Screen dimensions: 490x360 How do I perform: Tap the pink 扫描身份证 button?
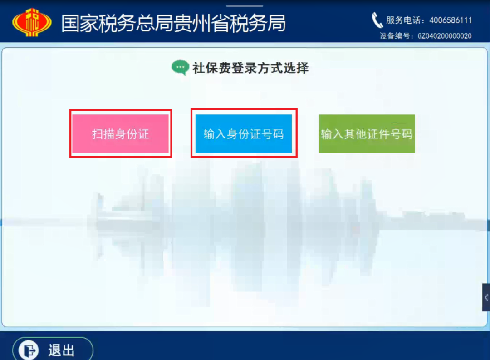click(121, 133)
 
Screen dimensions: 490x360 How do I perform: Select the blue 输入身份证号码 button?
click(244, 133)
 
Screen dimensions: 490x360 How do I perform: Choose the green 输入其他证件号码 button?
click(367, 133)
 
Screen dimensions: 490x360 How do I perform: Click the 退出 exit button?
click(53, 350)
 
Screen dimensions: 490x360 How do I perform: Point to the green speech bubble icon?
click(180, 67)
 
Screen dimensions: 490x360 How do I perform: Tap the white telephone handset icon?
click(377, 20)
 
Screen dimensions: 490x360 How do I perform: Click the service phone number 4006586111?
click(451, 20)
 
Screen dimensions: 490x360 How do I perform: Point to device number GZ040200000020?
click(445, 36)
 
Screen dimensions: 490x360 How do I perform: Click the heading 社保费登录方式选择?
click(250, 68)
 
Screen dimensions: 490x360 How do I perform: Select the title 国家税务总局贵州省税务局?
click(173, 23)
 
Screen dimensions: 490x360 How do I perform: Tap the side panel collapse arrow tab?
click(486, 297)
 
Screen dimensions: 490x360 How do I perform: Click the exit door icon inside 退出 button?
click(29, 350)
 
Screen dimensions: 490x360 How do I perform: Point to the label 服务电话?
click(403, 20)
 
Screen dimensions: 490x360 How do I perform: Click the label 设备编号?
click(394, 36)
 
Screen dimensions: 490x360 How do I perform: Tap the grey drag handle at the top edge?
click(245, 5)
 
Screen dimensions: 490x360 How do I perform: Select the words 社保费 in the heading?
click(212, 68)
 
